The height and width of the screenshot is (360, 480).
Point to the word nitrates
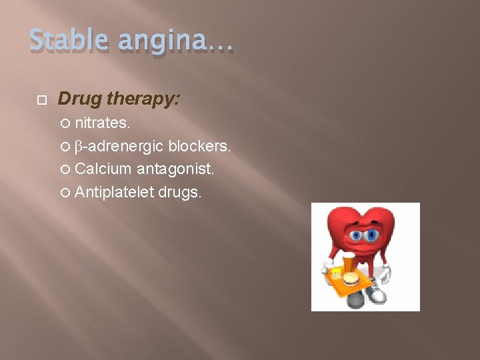103,123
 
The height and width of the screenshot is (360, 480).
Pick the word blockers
200,146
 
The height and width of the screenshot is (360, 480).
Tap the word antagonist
176,170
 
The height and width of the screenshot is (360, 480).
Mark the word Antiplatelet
114,193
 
